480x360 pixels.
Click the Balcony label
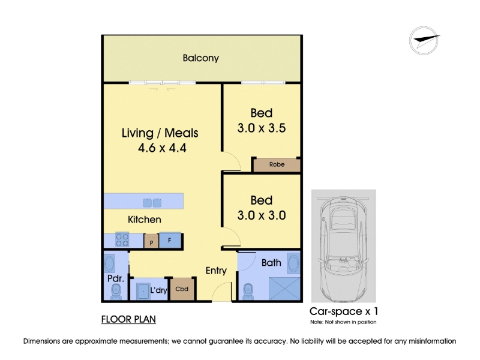(201, 58)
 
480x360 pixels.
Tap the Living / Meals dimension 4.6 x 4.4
(162, 148)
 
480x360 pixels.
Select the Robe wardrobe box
(277, 164)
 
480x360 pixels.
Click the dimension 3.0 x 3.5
(262, 128)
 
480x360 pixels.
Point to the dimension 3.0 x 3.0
(262, 215)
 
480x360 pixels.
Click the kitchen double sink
(152, 203)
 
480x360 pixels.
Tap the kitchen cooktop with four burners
(122, 239)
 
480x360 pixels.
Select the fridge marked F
(170, 241)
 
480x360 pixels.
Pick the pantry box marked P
(151, 241)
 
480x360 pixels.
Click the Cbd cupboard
(182, 289)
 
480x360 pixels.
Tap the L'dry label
(158, 290)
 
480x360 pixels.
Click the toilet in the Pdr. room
(116, 292)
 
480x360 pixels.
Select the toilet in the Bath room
(248, 292)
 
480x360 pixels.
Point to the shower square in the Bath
(284, 289)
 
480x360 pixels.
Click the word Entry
(216, 271)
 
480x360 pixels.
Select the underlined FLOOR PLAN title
(128, 319)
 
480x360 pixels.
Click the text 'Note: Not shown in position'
(343, 322)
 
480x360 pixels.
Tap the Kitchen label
(145, 220)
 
